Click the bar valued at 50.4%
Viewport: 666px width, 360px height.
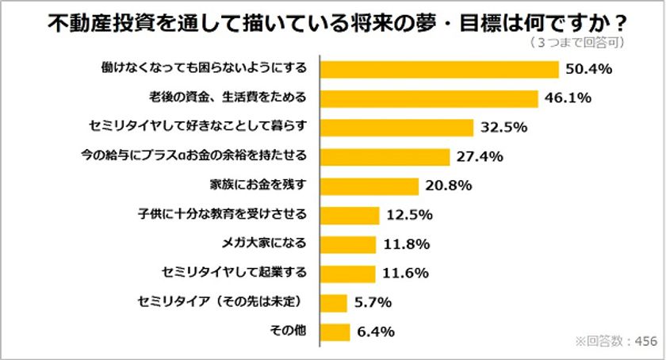(x=439, y=69)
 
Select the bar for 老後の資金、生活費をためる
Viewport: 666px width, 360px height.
(x=429, y=98)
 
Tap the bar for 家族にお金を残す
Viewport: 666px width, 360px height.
(x=369, y=186)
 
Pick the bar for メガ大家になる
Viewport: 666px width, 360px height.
(x=349, y=243)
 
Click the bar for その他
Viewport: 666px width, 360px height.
(x=336, y=331)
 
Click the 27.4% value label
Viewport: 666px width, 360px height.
(x=480, y=156)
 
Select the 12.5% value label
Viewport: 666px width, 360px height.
(x=409, y=215)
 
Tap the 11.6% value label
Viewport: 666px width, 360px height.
(x=406, y=274)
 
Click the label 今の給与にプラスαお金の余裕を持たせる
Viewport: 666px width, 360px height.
(x=205, y=156)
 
